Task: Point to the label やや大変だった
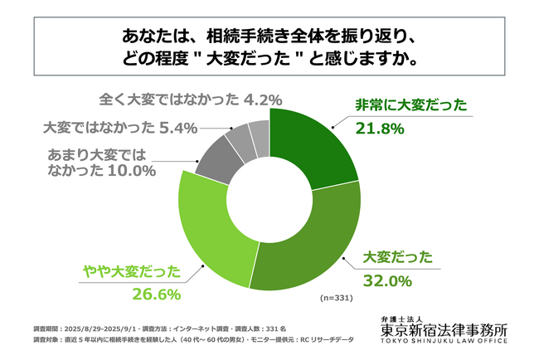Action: coord(131,270)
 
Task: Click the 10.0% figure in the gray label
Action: coord(132,172)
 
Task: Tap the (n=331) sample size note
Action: coord(339,296)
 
